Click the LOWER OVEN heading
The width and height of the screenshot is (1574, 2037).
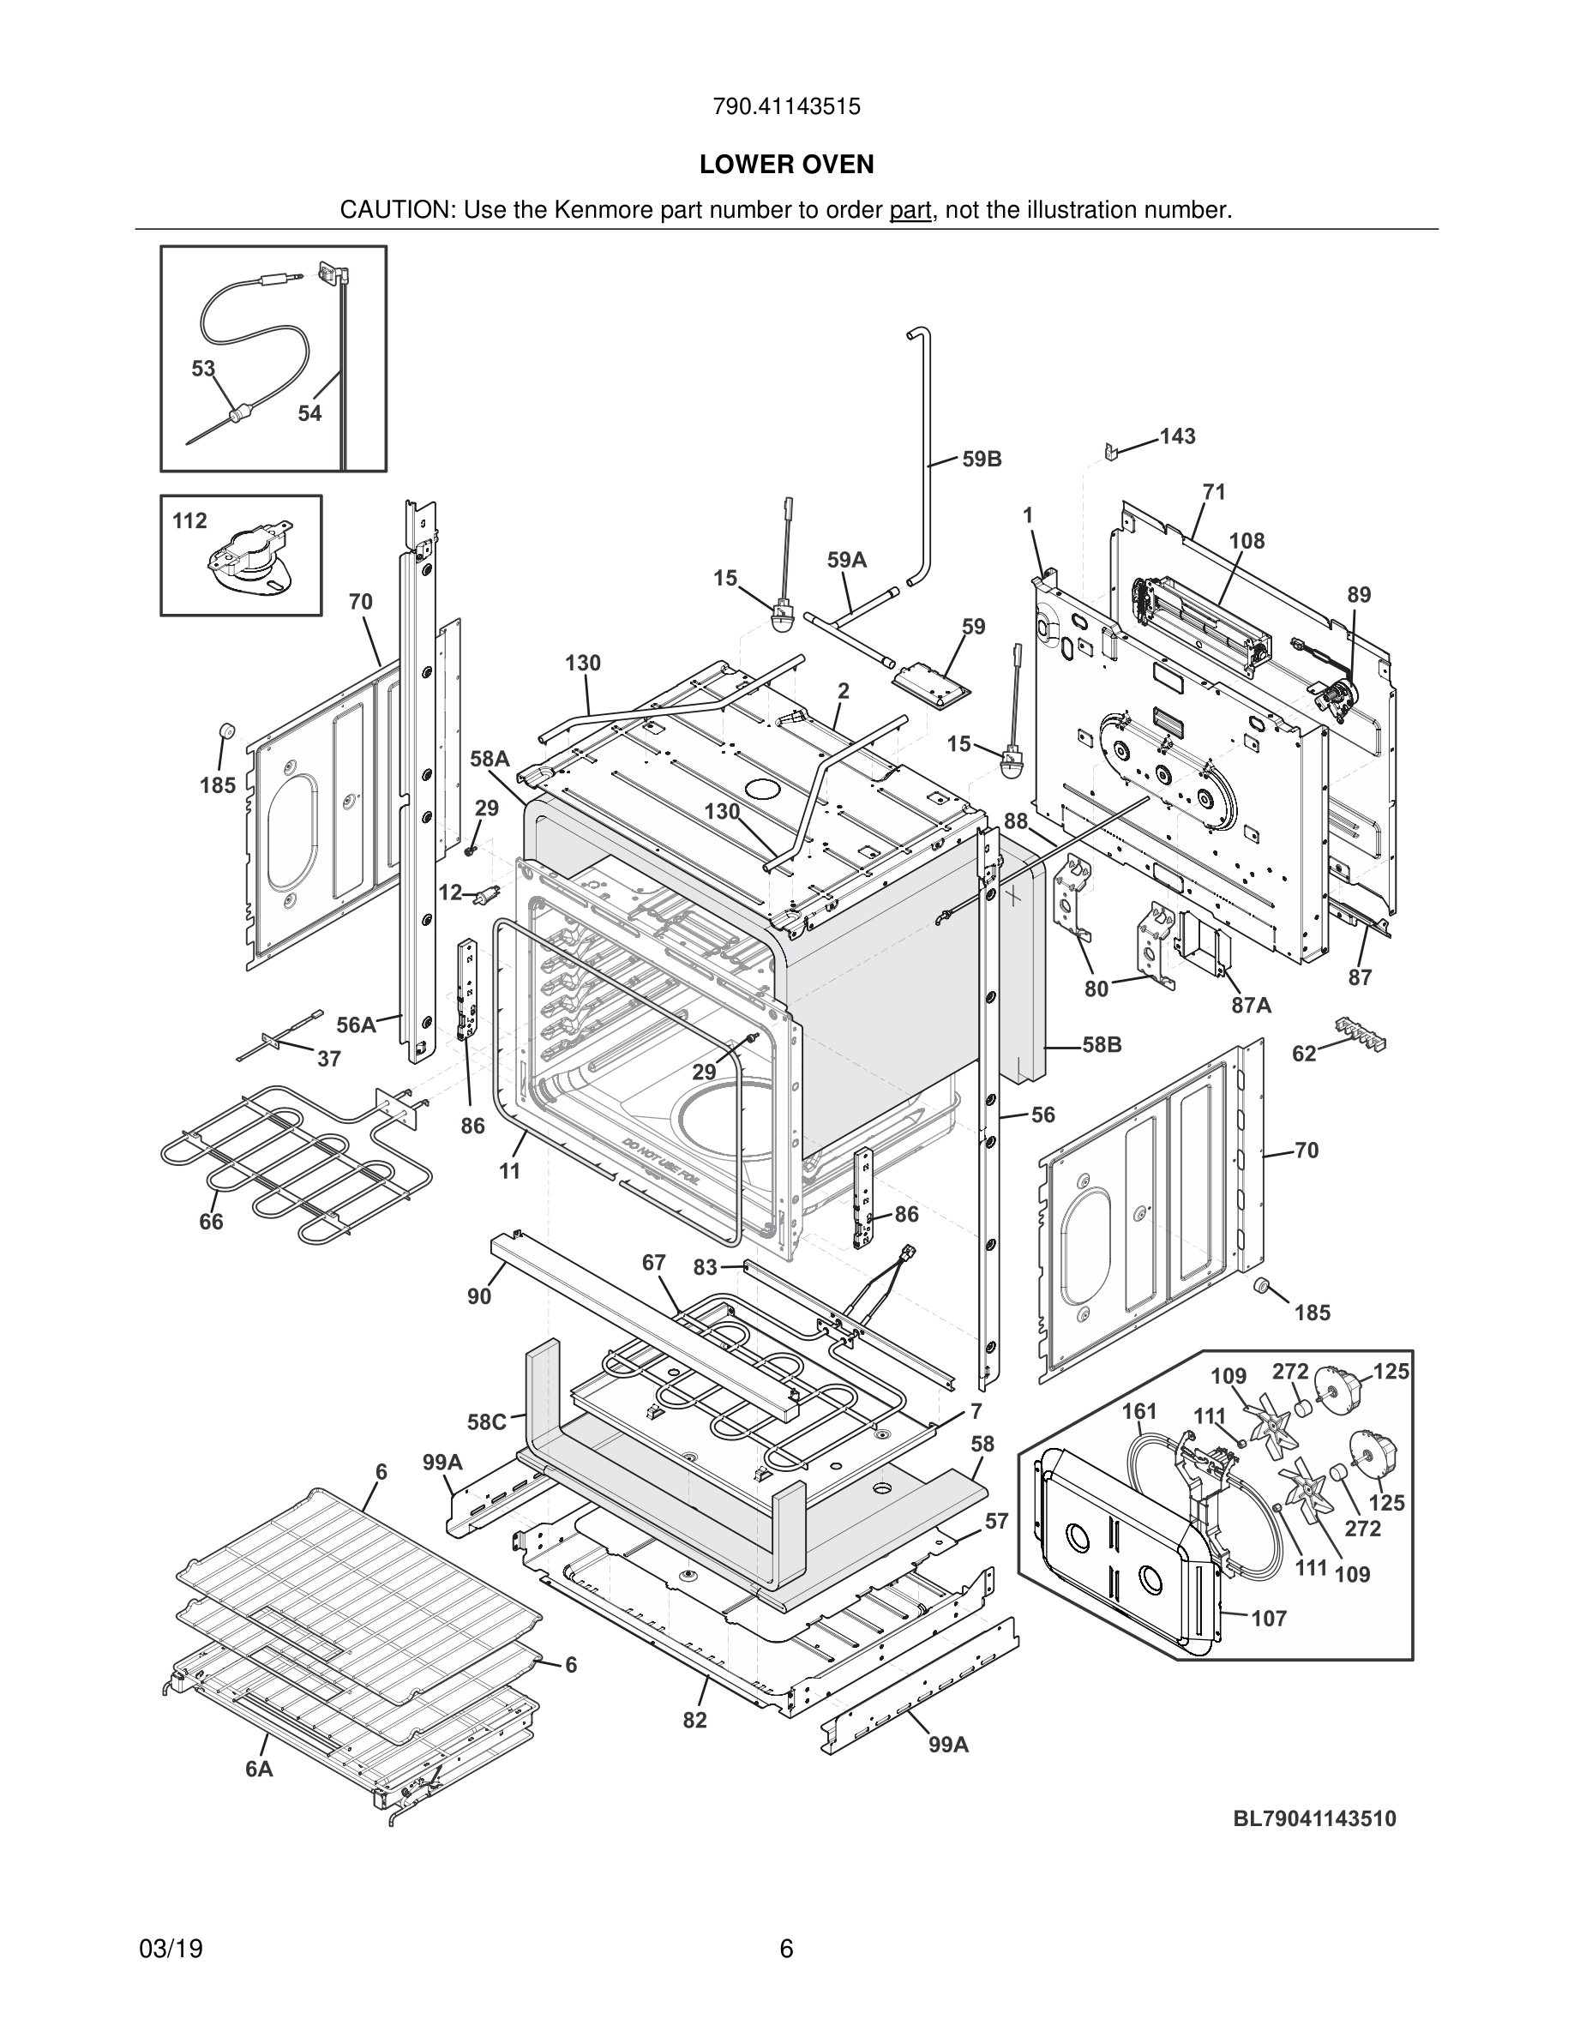click(786, 165)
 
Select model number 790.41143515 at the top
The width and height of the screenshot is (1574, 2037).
click(786, 106)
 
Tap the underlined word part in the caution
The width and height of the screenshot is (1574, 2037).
click(910, 210)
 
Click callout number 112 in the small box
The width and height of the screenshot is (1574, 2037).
click(189, 520)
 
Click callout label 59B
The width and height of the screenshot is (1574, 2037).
click(982, 459)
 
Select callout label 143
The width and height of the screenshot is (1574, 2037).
click(1177, 436)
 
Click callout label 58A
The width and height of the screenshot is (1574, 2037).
click(490, 760)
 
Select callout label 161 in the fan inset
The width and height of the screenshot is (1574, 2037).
click(1138, 1411)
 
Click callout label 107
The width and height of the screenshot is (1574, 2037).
click(1268, 1619)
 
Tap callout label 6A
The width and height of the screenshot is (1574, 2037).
click(259, 1769)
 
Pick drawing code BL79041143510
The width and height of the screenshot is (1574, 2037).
click(1315, 1818)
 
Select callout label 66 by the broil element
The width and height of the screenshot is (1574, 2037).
click(212, 1221)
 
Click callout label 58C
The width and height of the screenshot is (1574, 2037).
click(487, 1422)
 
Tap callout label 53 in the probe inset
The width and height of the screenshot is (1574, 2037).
click(203, 369)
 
